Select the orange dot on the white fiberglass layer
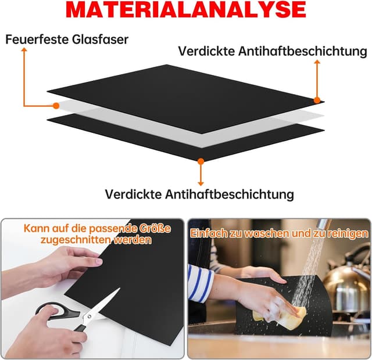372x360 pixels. pos(56,106)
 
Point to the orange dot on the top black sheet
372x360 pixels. pos(317,100)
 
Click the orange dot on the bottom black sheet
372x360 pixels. pos(201,161)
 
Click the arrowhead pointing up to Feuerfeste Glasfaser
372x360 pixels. pos(24,51)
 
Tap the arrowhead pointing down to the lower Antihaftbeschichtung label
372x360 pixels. pos(201,182)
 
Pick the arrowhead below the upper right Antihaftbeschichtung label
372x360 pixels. pos(317,62)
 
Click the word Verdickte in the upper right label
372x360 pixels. pos(206,51)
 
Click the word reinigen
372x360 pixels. pos(345,233)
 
